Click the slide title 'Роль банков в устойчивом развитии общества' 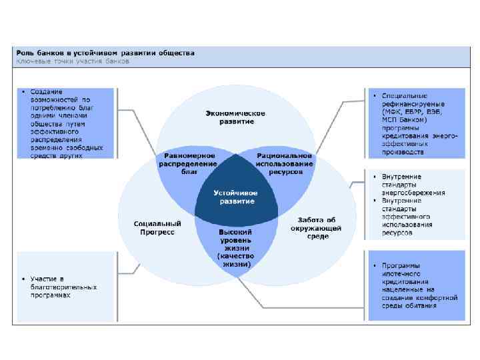click(x=106, y=53)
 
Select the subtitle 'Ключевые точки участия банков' click(x=73, y=61)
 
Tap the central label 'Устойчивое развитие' click(x=235, y=197)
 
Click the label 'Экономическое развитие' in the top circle click(x=235, y=117)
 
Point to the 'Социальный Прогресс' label click(x=157, y=227)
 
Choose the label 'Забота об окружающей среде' click(x=316, y=227)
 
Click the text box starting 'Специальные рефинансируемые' click(x=414, y=123)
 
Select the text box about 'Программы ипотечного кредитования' click(x=414, y=285)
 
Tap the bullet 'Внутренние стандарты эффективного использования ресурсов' click(x=413, y=217)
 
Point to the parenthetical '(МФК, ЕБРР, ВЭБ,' click(x=408, y=111)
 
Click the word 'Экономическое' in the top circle click(x=235, y=113)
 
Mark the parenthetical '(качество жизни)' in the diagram click(x=235, y=260)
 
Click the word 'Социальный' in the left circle click(x=157, y=223)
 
